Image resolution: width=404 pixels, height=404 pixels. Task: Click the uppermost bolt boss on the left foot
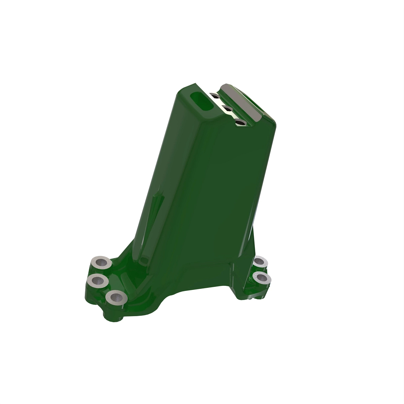pos(101,262)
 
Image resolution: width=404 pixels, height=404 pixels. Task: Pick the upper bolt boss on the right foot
pos(260,262)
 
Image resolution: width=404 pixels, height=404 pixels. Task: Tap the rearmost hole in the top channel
pos(213,95)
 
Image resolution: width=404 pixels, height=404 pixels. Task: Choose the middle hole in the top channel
pos(226,108)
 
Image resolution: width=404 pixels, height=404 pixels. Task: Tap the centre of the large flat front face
pos(212,195)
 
